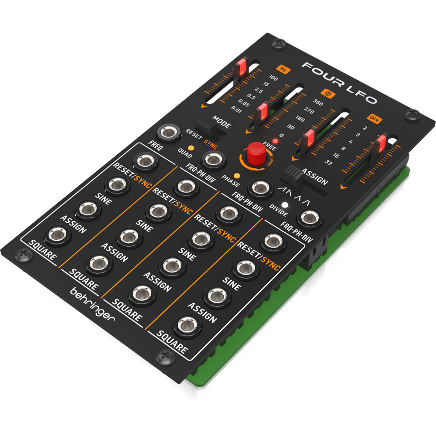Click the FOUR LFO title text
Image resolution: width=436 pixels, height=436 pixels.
(x=340, y=83)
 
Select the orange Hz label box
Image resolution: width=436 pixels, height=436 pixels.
(x=283, y=69)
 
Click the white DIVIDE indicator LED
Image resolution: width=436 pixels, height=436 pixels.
(x=284, y=204)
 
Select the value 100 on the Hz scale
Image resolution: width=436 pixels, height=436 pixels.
(x=273, y=78)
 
